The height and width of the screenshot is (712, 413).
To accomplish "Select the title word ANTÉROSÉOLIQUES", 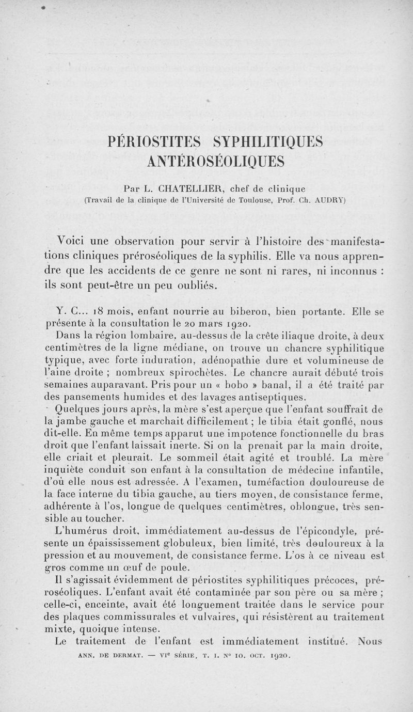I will tap(215, 162).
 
